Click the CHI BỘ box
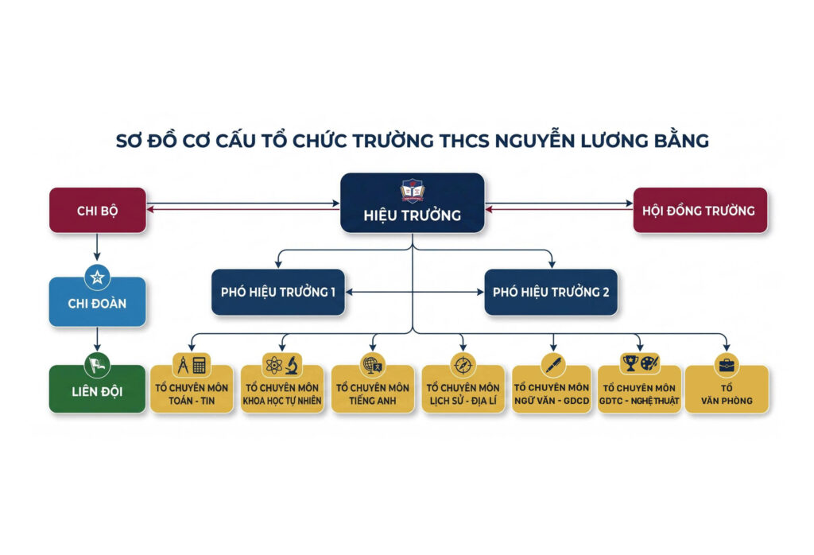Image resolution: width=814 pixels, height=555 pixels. [x=98, y=210]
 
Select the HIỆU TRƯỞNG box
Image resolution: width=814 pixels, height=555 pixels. [x=413, y=203]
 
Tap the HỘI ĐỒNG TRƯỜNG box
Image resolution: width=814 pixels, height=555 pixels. [x=700, y=210]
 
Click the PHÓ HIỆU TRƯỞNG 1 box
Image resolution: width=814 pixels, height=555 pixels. [x=278, y=293]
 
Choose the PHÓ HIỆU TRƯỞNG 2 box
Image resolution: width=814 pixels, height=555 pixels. [x=551, y=293]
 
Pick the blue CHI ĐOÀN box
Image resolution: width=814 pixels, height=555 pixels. [x=98, y=302]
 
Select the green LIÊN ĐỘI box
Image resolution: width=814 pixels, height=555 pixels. [x=98, y=390]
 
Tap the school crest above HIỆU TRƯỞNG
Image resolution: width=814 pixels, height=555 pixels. [x=413, y=191]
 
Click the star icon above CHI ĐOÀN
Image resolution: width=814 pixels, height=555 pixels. [x=97, y=277]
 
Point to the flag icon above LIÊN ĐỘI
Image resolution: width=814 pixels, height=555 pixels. [x=97, y=365]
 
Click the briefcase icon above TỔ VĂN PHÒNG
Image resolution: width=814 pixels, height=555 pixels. [x=727, y=366]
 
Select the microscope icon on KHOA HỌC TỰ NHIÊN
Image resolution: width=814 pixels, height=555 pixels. [x=293, y=366]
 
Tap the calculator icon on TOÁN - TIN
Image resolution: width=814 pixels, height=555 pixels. [x=200, y=366]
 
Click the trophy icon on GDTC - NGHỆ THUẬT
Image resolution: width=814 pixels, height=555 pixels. [x=630, y=363]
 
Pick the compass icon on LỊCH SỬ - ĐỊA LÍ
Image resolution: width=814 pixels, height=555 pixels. [x=463, y=366]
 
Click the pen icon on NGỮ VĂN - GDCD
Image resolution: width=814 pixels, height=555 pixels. [x=553, y=365]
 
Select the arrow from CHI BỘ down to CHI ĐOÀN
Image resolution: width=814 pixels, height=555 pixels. [x=97, y=246]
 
